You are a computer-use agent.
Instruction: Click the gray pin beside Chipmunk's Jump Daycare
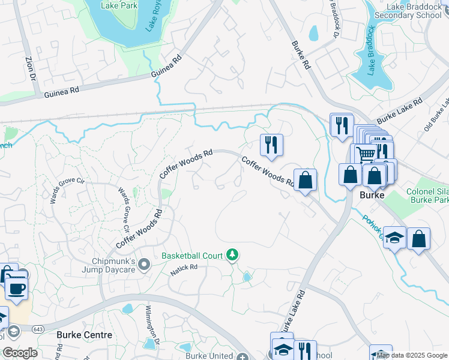click(144, 264)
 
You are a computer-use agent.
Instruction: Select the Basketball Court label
click(192, 256)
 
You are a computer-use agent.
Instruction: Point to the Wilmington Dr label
click(151, 325)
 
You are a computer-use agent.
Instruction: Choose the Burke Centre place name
click(84, 335)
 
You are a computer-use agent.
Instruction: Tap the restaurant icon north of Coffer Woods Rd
click(271, 145)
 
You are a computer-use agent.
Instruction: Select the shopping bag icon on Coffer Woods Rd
click(305, 179)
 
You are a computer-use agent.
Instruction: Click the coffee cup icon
click(16, 289)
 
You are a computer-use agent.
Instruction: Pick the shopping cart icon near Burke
click(366, 154)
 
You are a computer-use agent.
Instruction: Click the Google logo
click(20, 353)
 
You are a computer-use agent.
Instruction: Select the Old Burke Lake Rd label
click(436, 114)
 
